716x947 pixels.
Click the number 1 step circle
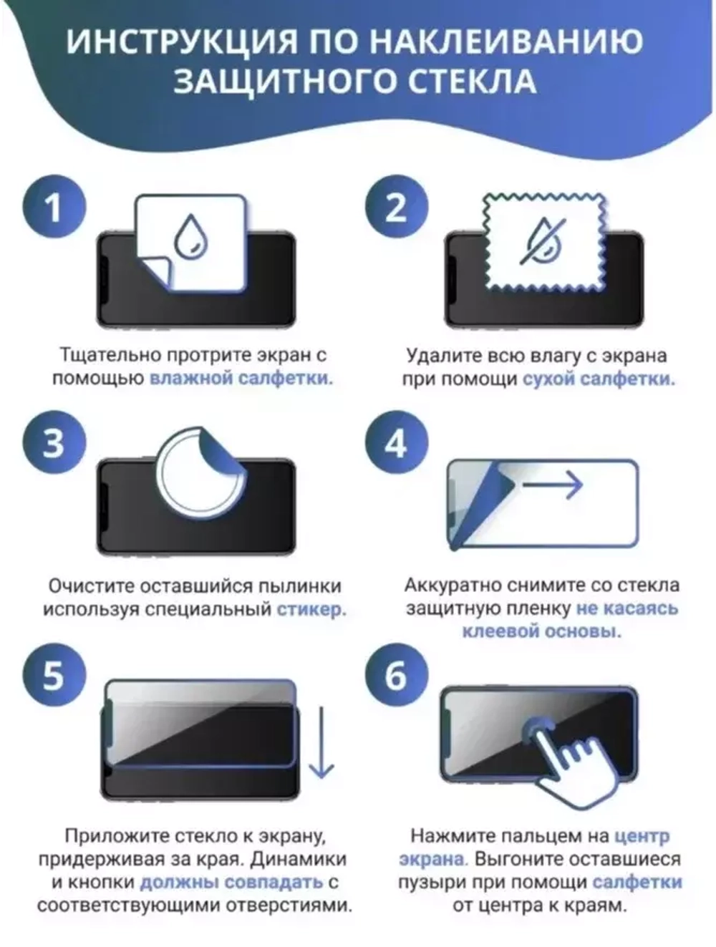tap(54, 207)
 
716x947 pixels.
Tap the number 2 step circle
tap(397, 207)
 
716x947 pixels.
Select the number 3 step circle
tap(54, 442)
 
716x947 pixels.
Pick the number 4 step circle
tap(397, 442)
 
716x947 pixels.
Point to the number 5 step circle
tap(54, 675)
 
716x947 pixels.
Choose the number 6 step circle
tap(397, 675)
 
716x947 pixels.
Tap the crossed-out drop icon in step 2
tap(543, 241)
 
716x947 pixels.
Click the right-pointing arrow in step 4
tap(553, 485)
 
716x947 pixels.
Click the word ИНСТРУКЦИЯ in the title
tap(182, 42)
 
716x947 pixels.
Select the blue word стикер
tap(311, 609)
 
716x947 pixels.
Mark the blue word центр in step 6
tap(642, 835)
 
